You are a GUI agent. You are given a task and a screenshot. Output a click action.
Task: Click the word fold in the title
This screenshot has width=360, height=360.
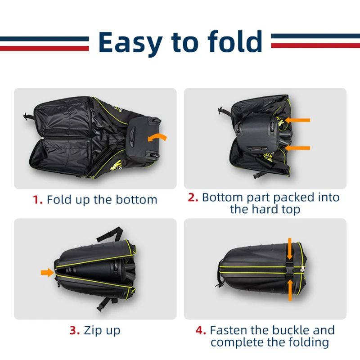[235, 41]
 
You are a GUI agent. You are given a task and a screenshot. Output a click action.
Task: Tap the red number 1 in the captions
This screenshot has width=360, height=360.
[38, 200]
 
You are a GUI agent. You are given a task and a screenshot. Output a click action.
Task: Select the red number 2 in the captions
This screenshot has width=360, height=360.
[193, 198]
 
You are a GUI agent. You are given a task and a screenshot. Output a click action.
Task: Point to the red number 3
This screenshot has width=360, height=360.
[75, 330]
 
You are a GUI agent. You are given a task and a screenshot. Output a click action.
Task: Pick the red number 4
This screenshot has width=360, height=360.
[201, 330]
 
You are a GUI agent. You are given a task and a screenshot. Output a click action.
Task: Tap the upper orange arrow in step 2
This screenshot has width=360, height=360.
[297, 120]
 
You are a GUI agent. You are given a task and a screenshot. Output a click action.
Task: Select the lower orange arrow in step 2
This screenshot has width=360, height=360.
[297, 148]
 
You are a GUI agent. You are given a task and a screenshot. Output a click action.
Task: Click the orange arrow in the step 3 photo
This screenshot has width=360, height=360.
[48, 273]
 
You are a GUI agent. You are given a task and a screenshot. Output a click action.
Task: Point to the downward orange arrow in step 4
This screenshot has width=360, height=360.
[289, 249]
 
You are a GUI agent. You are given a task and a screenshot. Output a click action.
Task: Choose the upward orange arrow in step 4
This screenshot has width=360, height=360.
[290, 290]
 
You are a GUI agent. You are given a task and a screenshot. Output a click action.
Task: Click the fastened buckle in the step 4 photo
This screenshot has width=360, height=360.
[289, 269]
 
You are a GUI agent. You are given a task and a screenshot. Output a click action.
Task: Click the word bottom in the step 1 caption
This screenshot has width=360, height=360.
[136, 199]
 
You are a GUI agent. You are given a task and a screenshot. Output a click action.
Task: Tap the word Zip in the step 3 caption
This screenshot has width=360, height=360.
[91, 331]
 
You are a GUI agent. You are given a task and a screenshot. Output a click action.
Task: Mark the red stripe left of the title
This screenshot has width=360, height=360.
[44, 48]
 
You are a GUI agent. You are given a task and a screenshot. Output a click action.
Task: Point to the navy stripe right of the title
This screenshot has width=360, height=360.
[315, 36]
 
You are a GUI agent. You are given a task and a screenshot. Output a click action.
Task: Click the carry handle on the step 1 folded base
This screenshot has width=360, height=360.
[132, 138]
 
